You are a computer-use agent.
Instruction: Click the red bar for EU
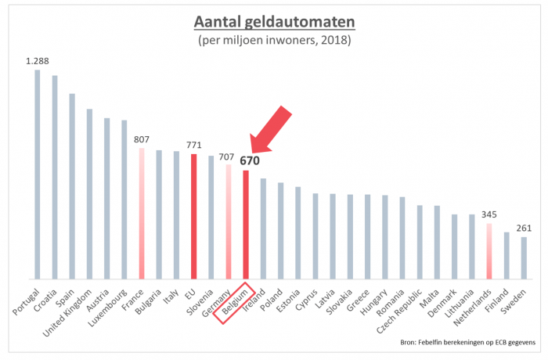(x=193, y=215)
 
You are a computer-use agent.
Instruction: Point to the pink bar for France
(x=142, y=213)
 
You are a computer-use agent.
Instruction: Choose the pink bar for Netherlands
(x=488, y=251)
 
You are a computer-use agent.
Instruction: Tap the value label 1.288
(x=38, y=60)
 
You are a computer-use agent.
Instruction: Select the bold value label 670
(x=250, y=161)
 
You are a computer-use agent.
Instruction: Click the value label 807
(x=141, y=140)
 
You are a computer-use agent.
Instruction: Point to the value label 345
(x=488, y=214)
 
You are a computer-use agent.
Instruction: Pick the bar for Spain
(x=72, y=186)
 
